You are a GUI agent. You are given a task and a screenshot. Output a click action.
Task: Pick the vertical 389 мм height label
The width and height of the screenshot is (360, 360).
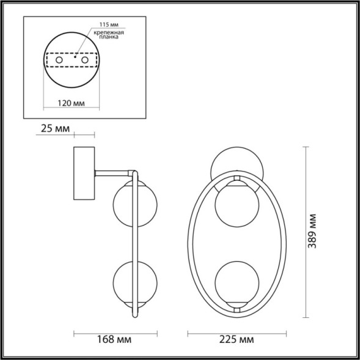313,232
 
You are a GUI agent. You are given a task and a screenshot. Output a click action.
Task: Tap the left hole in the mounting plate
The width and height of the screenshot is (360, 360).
59,61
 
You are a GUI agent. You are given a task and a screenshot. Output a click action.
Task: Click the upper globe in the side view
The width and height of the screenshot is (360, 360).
133,205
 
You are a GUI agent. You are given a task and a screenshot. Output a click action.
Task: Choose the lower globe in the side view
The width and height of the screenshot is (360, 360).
133,284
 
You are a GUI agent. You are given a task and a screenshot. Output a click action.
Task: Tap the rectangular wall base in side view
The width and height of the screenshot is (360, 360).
85,174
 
